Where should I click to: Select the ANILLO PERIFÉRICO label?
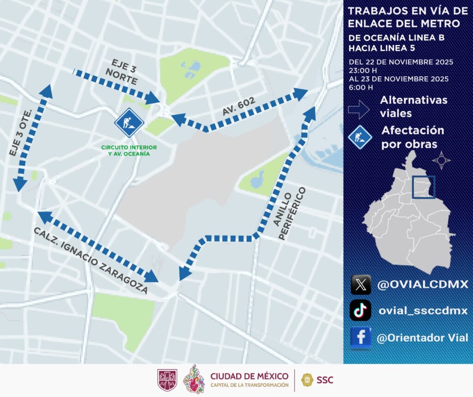pyautogui.click(x=290, y=213)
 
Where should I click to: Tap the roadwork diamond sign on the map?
pyautogui.click(x=129, y=123)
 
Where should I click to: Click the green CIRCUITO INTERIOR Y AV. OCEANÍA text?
pyautogui.click(x=129, y=151)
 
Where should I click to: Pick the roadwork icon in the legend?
pyautogui.click(x=360, y=137)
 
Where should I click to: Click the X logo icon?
pyautogui.click(x=361, y=285)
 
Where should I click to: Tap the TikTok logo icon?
pyautogui.click(x=361, y=310)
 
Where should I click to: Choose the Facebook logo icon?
pyautogui.click(x=361, y=337)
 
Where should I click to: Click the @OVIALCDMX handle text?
pyautogui.click(x=423, y=285)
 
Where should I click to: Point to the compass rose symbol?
pyautogui.click(x=441, y=161)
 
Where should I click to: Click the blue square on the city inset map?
pyautogui.click(x=424, y=187)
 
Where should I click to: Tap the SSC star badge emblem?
pyautogui.click(x=307, y=380)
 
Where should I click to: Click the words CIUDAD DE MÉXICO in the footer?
pyautogui.click(x=249, y=376)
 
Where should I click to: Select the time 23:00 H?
pyautogui.click(x=364, y=70)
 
